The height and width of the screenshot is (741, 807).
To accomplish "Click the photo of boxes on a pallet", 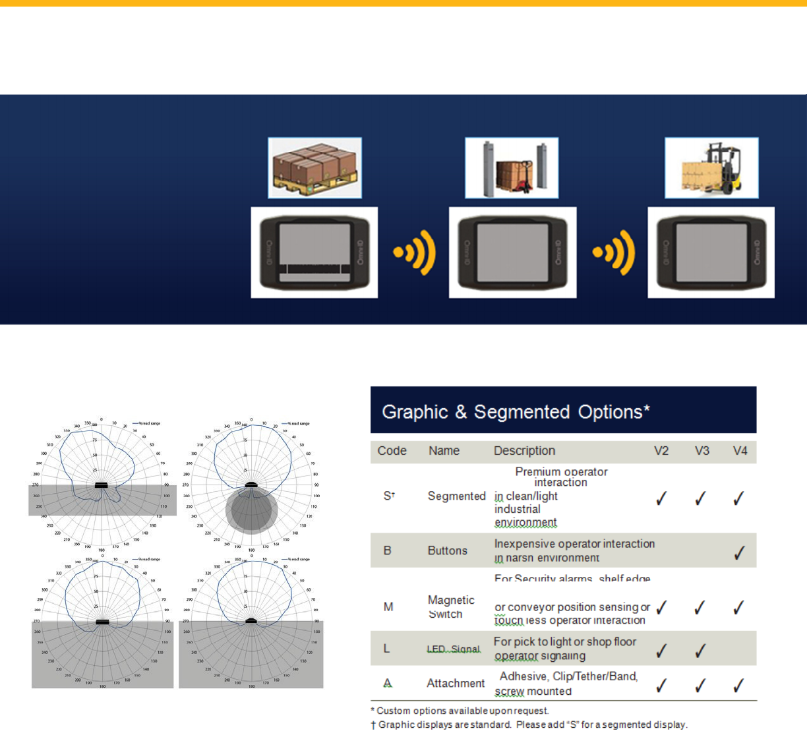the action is (314, 168).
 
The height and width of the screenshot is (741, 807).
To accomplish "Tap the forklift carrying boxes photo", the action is (711, 168).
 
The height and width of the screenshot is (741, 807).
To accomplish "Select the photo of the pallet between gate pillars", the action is (512, 168).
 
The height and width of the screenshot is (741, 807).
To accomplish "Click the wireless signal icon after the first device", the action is (415, 252).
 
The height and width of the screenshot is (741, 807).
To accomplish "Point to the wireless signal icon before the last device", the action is (614, 252).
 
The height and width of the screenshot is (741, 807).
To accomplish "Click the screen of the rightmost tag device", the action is (711, 252).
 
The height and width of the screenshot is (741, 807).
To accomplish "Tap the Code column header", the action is (392, 451).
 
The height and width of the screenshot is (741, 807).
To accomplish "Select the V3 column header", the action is (702, 451).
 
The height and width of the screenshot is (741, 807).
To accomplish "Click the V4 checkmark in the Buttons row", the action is (740, 552).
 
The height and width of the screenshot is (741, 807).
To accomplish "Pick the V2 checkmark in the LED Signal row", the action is (661, 651).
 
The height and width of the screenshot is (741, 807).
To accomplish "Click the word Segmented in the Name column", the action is (456, 496).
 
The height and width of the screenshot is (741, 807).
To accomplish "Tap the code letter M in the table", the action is (388, 607).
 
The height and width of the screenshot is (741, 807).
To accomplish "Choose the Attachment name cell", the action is (455, 684).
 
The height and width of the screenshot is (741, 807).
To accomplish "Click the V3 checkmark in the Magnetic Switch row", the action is (700, 607).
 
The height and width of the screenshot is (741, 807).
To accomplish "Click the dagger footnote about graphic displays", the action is (529, 725).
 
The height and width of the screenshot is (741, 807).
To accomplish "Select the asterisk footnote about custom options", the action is (460, 711).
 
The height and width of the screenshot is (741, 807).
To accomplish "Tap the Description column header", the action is (524, 451).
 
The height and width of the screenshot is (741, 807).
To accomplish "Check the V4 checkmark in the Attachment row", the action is (739, 686).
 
